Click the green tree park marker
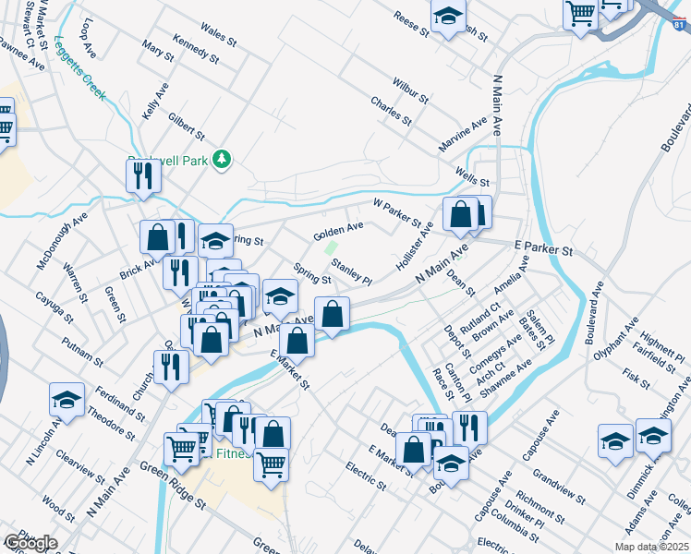221,160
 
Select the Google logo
30,543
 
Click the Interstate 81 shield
680,27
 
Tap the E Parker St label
544,248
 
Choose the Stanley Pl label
351,272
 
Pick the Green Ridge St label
173,488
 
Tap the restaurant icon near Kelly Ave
143,175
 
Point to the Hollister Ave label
414,245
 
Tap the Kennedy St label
195,51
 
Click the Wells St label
471,175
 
